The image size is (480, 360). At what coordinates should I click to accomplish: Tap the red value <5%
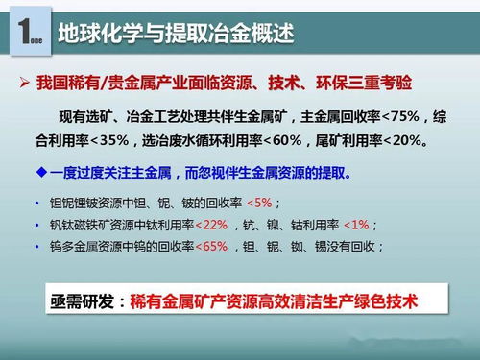259,204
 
